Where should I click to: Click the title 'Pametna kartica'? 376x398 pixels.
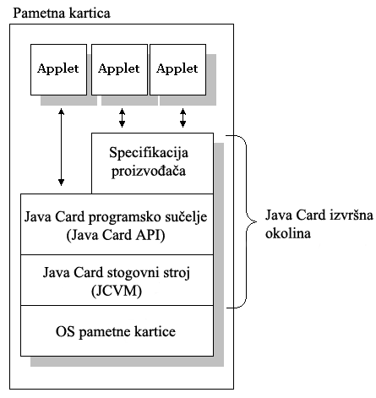click(62, 13)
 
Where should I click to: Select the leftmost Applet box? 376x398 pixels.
click(58, 69)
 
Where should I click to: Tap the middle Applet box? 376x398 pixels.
click(119, 69)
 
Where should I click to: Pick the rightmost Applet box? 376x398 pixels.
click(177, 69)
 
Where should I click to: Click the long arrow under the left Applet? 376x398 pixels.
click(61, 147)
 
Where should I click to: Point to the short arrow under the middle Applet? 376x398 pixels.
click(122, 117)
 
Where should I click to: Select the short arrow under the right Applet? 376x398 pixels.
click(183, 117)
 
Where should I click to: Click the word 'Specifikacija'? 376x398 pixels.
click(149, 152)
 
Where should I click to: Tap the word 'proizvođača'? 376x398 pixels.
click(149, 171)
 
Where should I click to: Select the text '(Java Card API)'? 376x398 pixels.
click(116, 235)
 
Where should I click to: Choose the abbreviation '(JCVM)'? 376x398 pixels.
click(117, 291)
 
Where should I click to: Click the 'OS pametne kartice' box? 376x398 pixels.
click(117, 330)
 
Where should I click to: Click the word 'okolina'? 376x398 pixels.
click(288, 233)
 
